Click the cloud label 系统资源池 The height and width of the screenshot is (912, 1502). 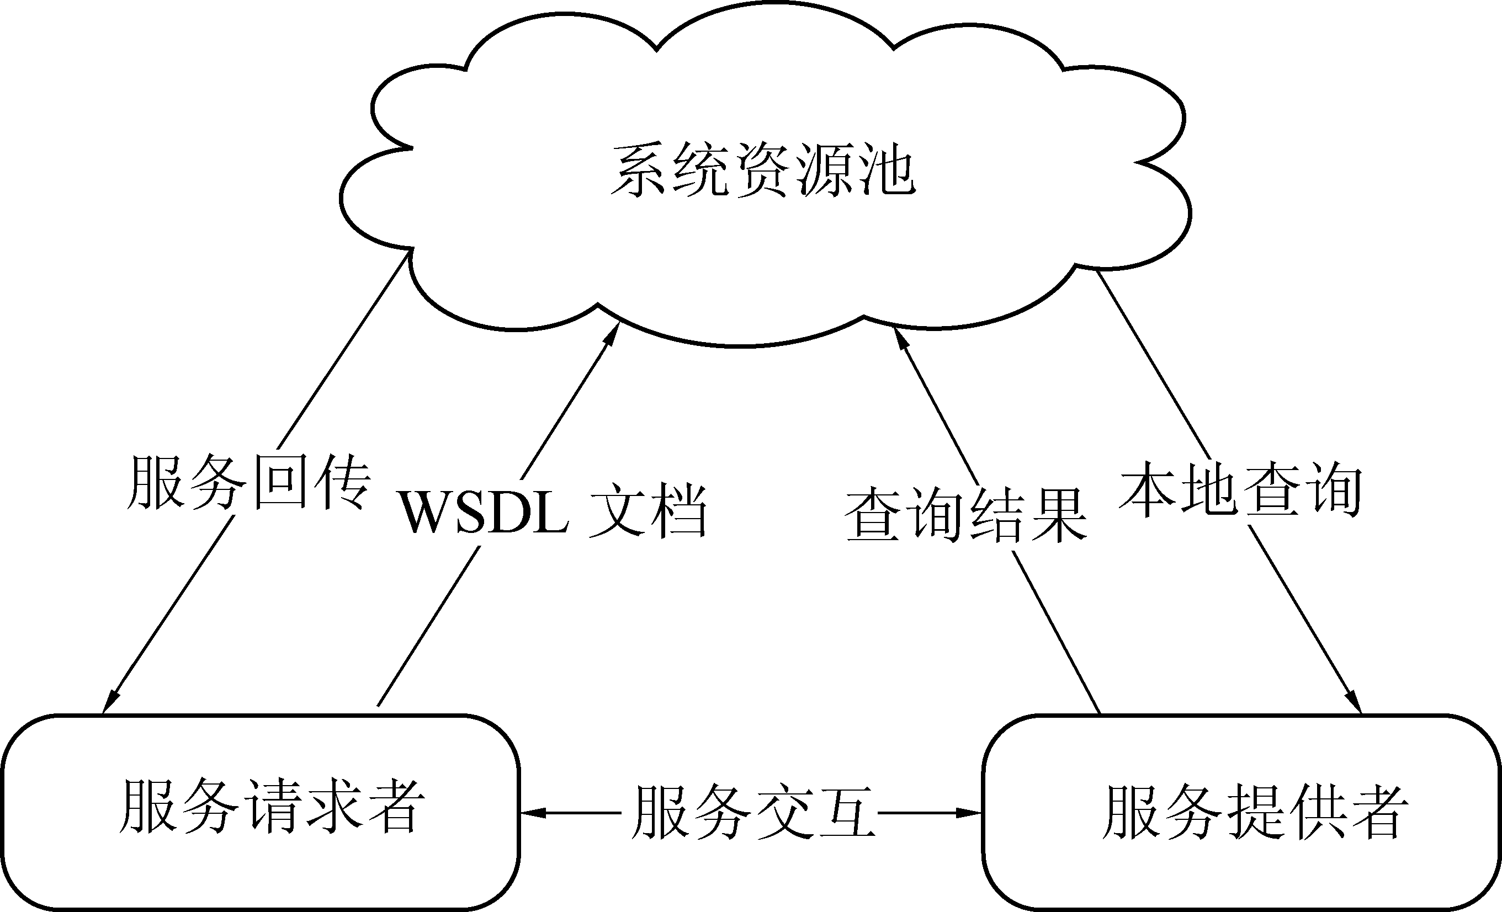click(x=763, y=170)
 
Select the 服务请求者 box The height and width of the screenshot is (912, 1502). click(x=261, y=812)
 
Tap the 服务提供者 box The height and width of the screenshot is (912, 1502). click(x=1241, y=812)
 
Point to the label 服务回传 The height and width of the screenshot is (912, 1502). click(x=248, y=483)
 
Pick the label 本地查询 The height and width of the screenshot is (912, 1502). click(x=1240, y=489)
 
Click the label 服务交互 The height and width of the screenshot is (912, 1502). click(x=753, y=812)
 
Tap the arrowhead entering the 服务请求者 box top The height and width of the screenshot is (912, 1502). click(x=110, y=702)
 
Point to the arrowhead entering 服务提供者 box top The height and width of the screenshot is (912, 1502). click(x=1355, y=702)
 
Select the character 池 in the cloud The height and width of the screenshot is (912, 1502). click(x=887, y=170)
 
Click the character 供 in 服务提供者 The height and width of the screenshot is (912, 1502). click(x=1317, y=812)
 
